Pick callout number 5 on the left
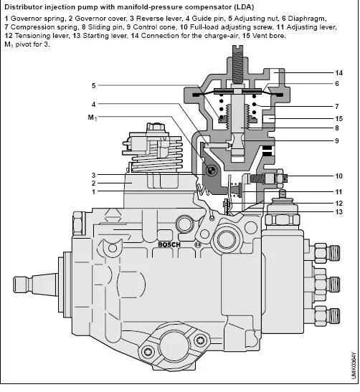tap(93, 86)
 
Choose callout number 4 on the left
tap(93, 104)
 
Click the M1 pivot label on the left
tap(93, 117)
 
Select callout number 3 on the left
tap(93, 175)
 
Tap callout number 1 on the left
tap(93, 191)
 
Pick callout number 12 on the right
tap(338, 203)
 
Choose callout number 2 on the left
tap(93, 183)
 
